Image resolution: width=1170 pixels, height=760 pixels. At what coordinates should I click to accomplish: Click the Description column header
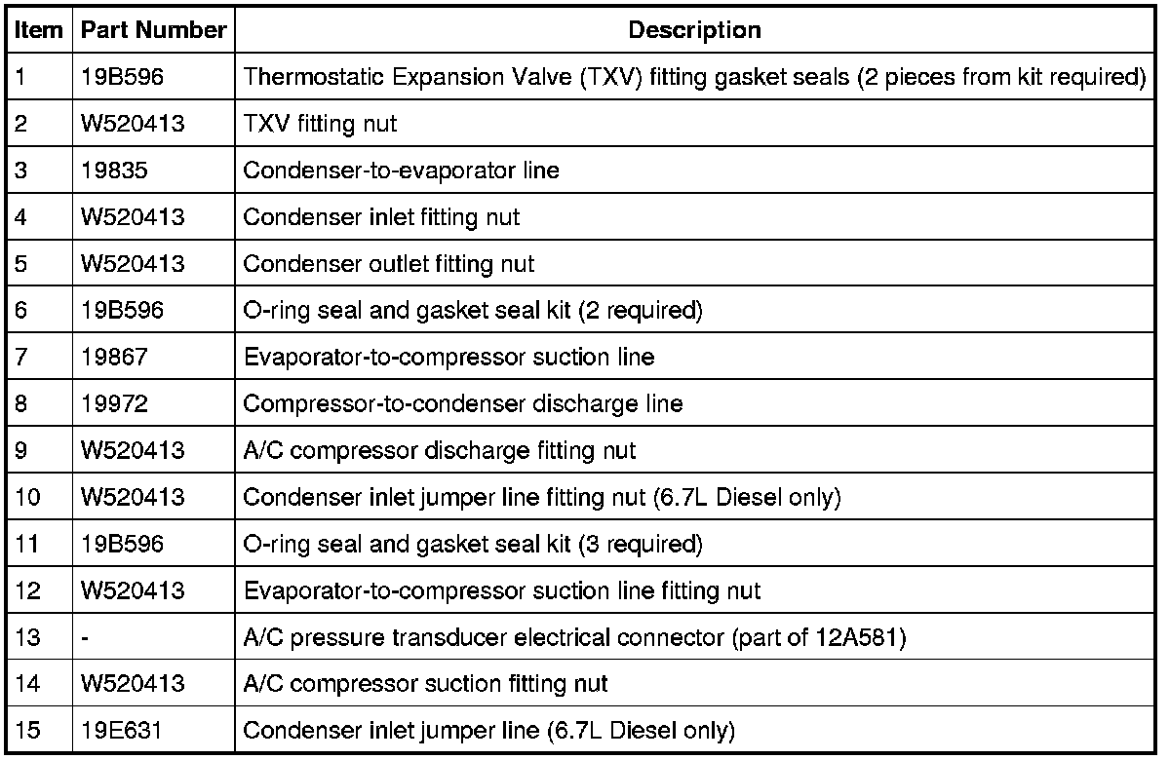[694, 30]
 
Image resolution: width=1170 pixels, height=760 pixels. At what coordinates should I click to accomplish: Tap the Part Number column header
[154, 30]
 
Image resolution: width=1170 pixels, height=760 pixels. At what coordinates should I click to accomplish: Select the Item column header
[38, 30]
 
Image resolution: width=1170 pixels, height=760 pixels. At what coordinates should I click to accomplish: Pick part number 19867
[114, 357]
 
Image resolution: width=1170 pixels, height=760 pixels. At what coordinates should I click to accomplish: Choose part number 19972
[114, 403]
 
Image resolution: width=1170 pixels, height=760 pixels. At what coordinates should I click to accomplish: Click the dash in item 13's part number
[86, 637]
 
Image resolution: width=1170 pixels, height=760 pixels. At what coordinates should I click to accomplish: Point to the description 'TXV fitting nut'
[320, 124]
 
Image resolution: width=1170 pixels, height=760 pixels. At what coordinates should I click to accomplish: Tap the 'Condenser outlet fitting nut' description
[388, 264]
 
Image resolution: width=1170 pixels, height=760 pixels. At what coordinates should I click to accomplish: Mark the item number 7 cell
[22, 357]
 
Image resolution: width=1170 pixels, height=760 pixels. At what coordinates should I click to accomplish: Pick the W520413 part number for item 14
[133, 684]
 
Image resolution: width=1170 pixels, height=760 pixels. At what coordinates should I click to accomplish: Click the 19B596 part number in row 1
[123, 77]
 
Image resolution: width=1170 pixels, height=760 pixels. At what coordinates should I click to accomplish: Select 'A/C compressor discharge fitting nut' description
[439, 450]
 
